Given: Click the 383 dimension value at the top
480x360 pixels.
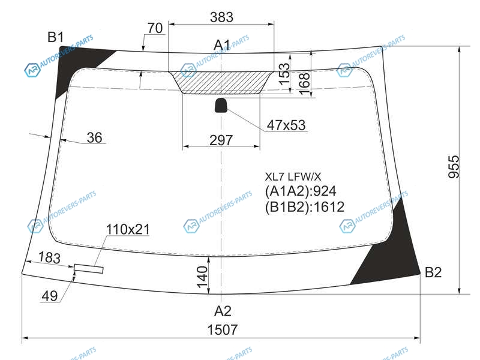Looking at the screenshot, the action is point(221,17).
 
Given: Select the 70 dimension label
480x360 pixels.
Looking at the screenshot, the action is point(155,28).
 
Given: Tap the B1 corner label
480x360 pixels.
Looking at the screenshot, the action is point(55,37).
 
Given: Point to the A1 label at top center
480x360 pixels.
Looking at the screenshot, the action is point(221,45).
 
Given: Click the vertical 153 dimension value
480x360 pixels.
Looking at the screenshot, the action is point(284,74).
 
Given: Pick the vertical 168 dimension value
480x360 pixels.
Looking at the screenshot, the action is point(304,83).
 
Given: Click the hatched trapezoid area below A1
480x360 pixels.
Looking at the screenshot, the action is point(221,82).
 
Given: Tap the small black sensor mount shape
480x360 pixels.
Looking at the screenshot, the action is point(221,106).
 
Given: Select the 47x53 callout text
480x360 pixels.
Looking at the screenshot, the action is point(286,125).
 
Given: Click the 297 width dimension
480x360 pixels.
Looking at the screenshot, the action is point(221,140).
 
